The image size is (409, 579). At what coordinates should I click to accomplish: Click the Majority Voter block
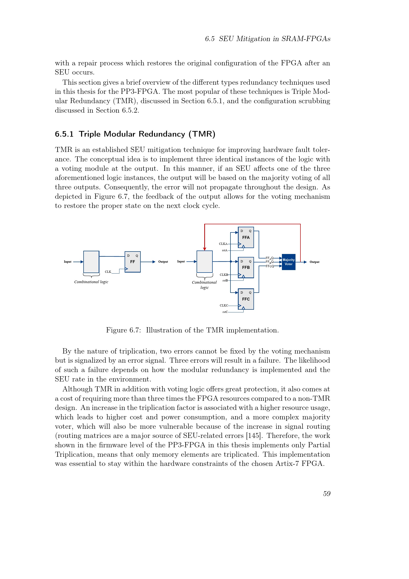[288, 262]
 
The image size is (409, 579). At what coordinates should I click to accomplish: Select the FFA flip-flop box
[246, 237]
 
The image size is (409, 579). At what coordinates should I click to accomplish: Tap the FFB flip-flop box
[246, 267]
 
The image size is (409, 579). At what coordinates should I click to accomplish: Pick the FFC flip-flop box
[246, 299]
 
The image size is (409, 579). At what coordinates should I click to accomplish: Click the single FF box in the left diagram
[133, 262]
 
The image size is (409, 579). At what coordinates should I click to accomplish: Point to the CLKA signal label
[223, 244]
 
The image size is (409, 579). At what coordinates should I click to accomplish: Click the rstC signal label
[225, 312]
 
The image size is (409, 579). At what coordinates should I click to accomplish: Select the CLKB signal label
[224, 275]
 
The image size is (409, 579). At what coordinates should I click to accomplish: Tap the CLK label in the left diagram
[108, 272]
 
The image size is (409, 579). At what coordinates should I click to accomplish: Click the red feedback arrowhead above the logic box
[204, 249]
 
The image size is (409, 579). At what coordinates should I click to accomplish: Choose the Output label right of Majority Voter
[314, 262]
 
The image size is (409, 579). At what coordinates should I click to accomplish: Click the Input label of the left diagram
[68, 262]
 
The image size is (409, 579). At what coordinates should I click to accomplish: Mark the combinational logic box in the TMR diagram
[204, 261]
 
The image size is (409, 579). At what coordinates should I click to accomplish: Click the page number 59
[327, 494]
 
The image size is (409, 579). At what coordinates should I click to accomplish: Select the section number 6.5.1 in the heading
[64, 134]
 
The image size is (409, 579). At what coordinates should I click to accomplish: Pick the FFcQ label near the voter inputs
[270, 266]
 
